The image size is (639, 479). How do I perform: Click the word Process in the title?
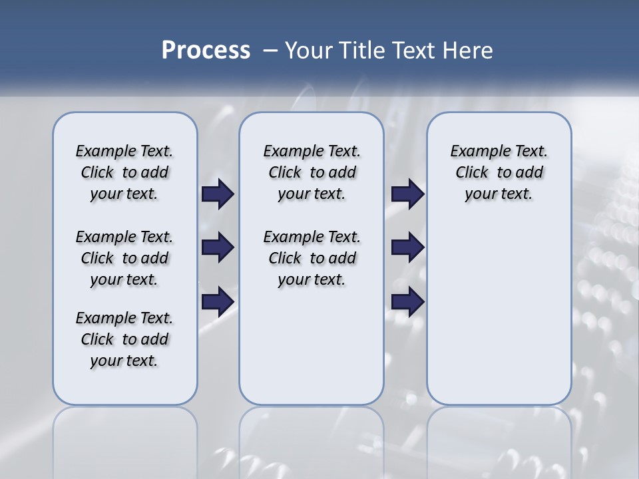tap(206, 51)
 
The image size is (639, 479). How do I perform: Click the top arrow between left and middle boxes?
tap(218, 194)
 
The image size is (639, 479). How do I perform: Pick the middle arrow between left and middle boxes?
tap(218, 247)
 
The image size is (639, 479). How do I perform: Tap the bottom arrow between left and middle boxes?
tap(218, 301)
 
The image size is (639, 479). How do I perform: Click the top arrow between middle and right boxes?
tap(407, 194)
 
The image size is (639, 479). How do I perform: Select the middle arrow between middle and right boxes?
tap(407, 247)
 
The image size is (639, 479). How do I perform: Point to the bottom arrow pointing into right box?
tap(407, 301)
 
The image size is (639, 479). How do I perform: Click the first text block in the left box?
tap(124, 172)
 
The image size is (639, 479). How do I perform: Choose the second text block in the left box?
tap(124, 258)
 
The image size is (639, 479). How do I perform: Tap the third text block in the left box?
tap(124, 339)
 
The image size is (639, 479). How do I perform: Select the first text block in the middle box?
tap(312, 172)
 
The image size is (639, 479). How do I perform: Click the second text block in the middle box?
tap(312, 258)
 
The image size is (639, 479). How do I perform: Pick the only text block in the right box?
tap(499, 172)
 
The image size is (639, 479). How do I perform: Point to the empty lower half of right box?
tap(499, 313)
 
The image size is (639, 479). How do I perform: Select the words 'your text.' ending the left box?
tap(124, 361)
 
